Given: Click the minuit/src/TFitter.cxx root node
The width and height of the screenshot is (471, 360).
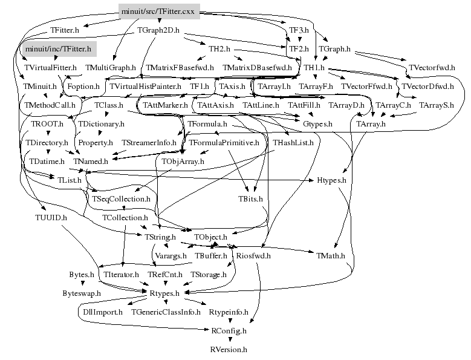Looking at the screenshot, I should (159, 11).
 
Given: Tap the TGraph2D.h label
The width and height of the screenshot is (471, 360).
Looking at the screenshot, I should (159, 30).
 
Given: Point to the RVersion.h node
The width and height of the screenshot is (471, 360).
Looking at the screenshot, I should (229, 350).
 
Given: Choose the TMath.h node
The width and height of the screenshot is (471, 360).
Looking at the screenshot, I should (330, 255).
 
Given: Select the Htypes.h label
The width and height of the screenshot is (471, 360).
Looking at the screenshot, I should (331, 180).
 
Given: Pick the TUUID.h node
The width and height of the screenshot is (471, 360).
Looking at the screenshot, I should (51, 217).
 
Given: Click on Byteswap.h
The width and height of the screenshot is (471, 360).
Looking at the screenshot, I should (82, 293).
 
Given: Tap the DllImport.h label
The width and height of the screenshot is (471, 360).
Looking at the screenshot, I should (101, 312).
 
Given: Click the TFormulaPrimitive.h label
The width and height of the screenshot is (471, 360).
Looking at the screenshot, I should (224, 143).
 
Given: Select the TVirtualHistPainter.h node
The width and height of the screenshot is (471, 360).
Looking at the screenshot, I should (145, 87).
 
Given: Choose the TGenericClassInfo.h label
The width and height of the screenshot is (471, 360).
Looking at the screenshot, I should (166, 312).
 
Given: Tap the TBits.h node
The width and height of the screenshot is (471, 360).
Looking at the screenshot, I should (251, 199).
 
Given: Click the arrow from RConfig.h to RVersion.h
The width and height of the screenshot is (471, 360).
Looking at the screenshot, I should (229, 341).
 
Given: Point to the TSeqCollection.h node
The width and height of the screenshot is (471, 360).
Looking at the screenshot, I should (121, 198).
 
